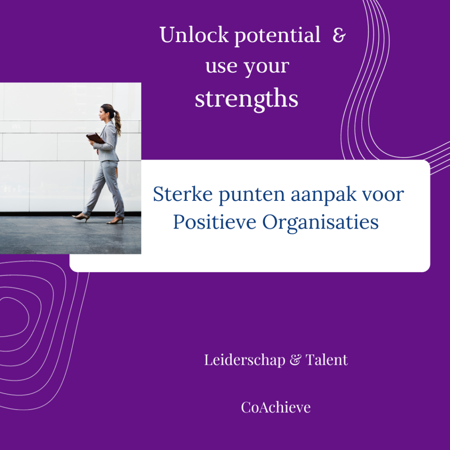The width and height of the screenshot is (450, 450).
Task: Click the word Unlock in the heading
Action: (194, 35)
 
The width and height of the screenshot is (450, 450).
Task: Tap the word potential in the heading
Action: (277, 36)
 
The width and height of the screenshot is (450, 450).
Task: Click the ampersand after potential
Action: (339, 35)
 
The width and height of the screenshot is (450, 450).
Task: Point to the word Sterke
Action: (183, 194)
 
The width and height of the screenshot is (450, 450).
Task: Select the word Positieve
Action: (214, 222)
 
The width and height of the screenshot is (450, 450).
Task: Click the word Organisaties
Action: (320, 223)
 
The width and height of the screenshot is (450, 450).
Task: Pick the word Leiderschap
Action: (244, 360)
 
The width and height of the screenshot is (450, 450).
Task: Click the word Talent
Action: (327, 360)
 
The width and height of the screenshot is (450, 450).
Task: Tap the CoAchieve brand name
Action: (276, 407)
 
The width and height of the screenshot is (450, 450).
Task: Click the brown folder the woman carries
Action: (95, 138)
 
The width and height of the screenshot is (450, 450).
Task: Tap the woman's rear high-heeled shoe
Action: (116, 221)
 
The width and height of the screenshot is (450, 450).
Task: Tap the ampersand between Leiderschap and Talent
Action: (296, 360)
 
